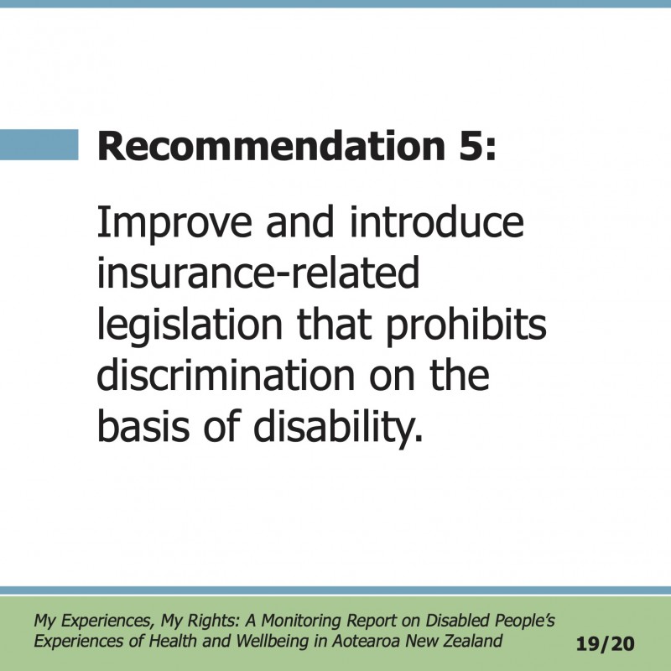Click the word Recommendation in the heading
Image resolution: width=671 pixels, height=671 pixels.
click(271, 146)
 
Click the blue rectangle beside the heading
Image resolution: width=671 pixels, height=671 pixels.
click(39, 144)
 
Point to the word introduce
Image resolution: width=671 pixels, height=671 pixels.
click(437, 221)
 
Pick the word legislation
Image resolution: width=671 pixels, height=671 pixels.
click(190, 326)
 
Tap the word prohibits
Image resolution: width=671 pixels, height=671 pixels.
click(466, 326)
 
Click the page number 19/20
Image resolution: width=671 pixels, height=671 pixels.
click(606, 643)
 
